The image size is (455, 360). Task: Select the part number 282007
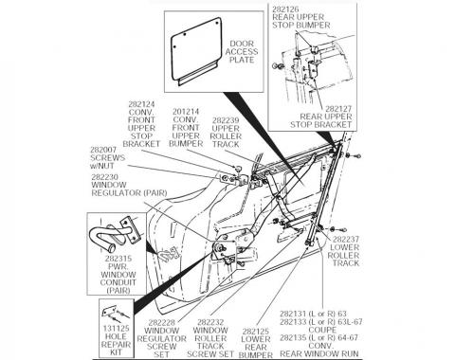point(107,150)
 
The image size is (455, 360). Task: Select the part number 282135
point(304,335)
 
